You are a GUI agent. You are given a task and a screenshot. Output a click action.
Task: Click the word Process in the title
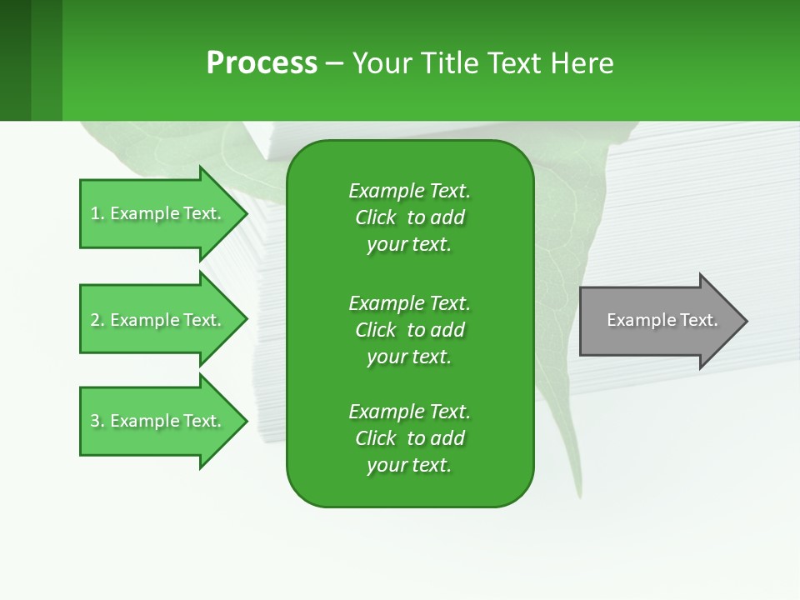click(x=262, y=63)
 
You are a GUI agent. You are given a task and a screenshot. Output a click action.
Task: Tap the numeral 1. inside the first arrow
click(x=97, y=213)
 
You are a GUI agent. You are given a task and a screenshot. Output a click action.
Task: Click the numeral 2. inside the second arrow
click(x=97, y=320)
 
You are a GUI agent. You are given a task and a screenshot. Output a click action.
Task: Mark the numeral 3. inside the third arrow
click(x=97, y=421)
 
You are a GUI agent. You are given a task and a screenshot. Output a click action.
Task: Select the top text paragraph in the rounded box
click(x=409, y=217)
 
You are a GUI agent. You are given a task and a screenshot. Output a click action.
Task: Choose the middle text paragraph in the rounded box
click(x=409, y=329)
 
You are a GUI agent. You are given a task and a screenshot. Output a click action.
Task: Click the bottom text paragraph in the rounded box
click(x=409, y=438)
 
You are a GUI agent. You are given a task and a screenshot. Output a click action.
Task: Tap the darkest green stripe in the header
click(x=15, y=60)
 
